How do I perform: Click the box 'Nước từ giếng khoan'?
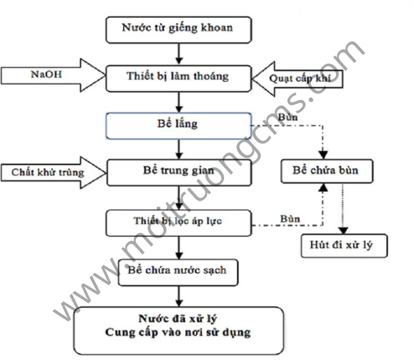[x=178, y=29]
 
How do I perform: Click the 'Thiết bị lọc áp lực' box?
[x=178, y=221]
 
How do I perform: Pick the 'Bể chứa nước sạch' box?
[x=178, y=270]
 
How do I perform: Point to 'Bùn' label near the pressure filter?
[x=290, y=218]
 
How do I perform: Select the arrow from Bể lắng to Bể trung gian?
[x=178, y=149]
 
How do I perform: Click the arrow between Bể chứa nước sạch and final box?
[x=178, y=296]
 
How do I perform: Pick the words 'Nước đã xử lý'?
[x=178, y=318]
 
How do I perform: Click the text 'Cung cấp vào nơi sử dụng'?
[x=178, y=332]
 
